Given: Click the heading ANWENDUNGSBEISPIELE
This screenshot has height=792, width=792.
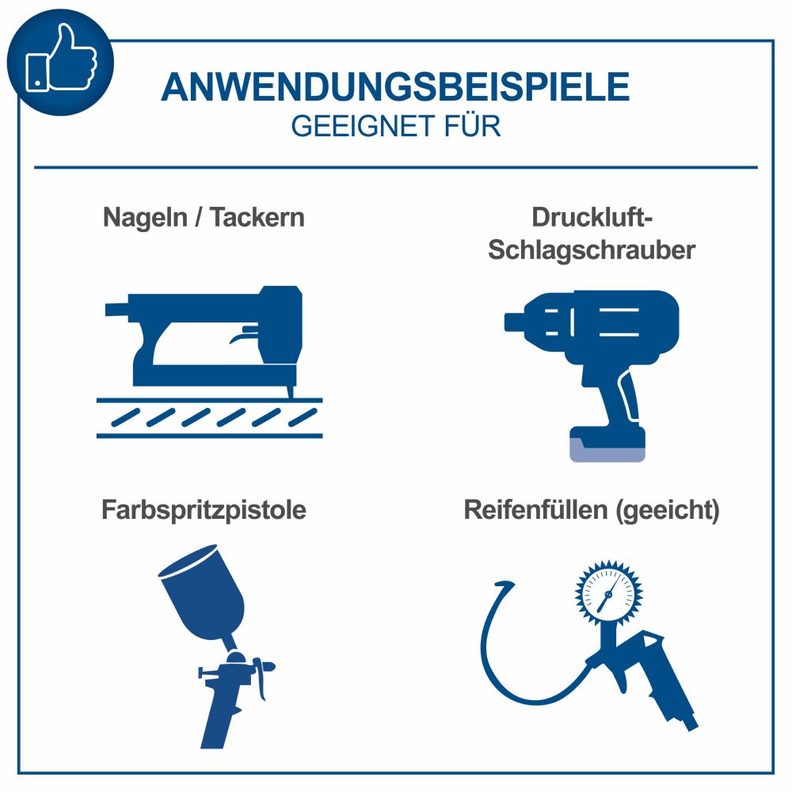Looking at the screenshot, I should click(x=395, y=87).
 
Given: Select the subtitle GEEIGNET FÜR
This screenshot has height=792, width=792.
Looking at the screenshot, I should click(x=395, y=127).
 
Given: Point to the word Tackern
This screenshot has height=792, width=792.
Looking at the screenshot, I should click(x=257, y=218).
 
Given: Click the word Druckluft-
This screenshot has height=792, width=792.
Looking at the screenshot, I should click(x=591, y=218).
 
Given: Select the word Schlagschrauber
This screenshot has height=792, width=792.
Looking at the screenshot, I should click(x=591, y=250).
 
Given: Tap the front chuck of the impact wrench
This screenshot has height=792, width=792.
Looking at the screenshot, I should click(x=515, y=321).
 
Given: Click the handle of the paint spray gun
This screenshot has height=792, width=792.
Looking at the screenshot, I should click(x=217, y=717).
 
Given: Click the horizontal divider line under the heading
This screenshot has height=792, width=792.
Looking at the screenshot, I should click(x=395, y=167).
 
